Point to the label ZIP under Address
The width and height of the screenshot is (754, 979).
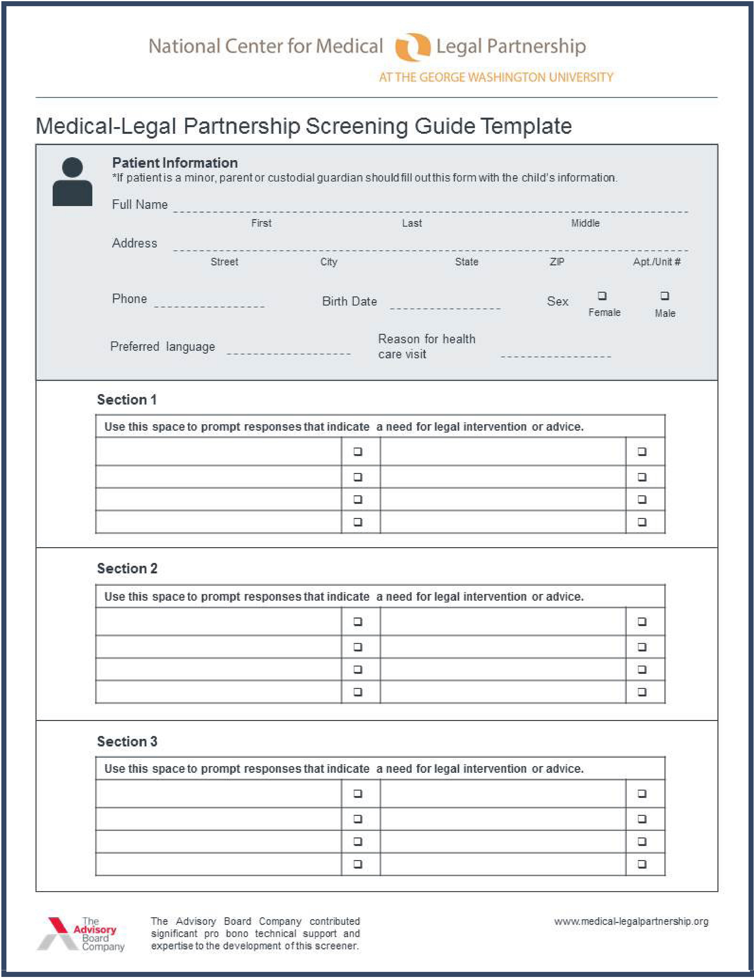(x=557, y=262)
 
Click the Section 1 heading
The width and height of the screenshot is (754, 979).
(x=127, y=399)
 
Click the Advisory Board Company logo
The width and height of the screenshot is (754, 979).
(x=81, y=934)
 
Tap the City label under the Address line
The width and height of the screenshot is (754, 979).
(x=328, y=262)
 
